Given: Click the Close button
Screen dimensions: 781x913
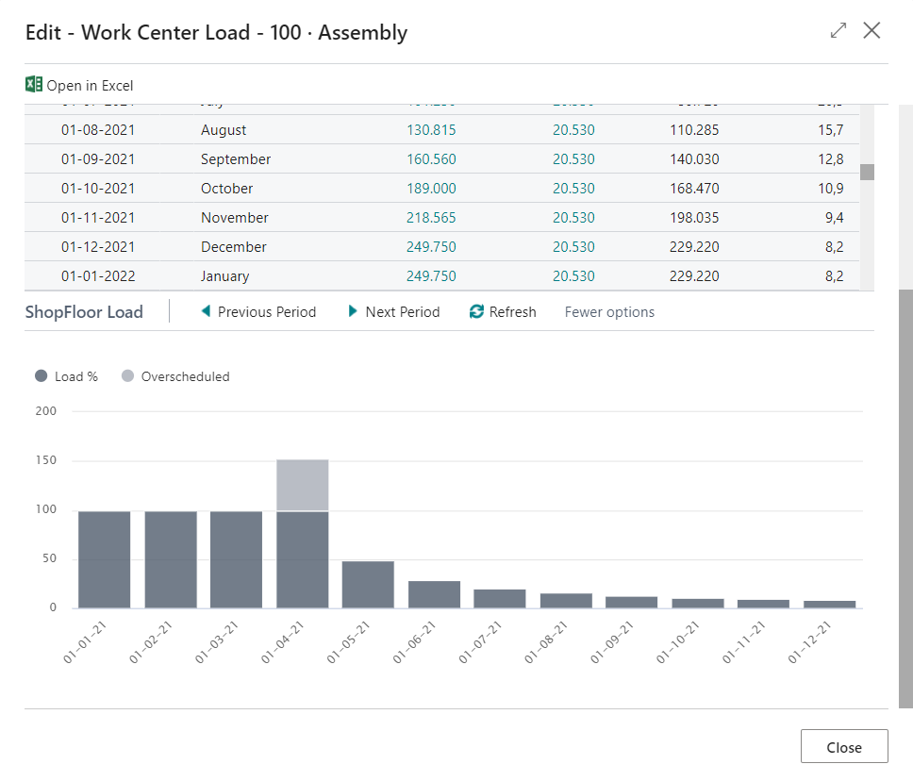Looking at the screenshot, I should coord(844,747).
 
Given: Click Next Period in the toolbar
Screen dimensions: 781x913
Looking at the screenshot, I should coord(394,312).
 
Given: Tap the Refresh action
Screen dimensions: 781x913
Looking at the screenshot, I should coord(503,312).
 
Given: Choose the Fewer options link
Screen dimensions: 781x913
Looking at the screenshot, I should coord(609,312).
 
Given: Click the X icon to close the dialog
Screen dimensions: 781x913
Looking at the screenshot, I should coord(871,31).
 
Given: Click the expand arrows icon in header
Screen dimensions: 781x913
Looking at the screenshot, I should coord(838,31).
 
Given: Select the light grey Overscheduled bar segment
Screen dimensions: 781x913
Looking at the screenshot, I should coord(303,485).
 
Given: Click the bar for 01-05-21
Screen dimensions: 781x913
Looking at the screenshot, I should coord(368,585).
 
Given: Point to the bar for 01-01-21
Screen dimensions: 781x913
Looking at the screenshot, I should coord(105,559).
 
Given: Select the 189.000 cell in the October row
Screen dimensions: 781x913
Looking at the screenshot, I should coord(430,189).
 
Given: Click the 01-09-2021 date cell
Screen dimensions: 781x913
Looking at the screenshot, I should coord(98,159).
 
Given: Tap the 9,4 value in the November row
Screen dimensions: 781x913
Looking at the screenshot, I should coord(833,218).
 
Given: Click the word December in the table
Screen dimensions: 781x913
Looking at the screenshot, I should coord(234,247).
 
